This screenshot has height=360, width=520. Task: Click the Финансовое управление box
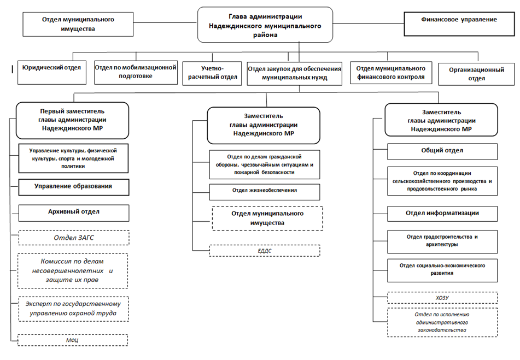(x=459, y=24)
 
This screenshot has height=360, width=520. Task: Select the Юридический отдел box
(x=52, y=72)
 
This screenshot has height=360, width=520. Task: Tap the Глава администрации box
(x=265, y=25)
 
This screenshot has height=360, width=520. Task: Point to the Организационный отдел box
(x=476, y=74)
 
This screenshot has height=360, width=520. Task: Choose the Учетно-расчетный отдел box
(x=212, y=73)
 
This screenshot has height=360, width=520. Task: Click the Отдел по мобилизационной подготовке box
(x=136, y=72)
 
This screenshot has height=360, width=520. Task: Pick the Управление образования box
(x=74, y=187)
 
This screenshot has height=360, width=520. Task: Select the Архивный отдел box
(x=74, y=213)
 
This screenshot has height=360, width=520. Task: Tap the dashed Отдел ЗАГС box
(x=74, y=238)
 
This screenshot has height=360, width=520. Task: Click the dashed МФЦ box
(x=73, y=340)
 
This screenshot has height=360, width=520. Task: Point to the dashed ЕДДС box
(x=265, y=251)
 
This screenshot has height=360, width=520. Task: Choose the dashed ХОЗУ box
(x=442, y=298)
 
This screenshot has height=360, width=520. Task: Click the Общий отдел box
(x=442, y=151)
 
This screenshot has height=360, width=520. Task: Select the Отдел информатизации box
(x=442, y=214)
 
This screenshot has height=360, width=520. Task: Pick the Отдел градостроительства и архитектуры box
(x=442, y=242)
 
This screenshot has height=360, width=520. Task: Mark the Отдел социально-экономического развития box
(x=442, y=270)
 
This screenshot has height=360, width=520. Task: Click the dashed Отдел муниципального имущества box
(x=267, y=219)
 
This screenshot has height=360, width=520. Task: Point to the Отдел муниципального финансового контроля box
(x=391, y=73)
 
